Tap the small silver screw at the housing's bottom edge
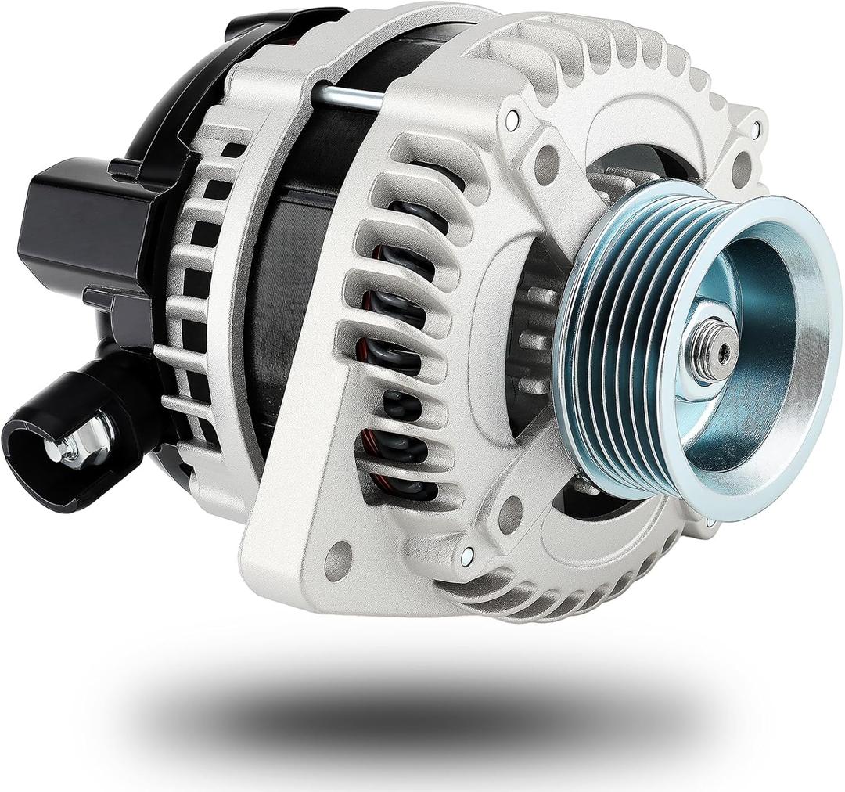[x=467, y=556]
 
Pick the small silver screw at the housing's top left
[x=512, y=120]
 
